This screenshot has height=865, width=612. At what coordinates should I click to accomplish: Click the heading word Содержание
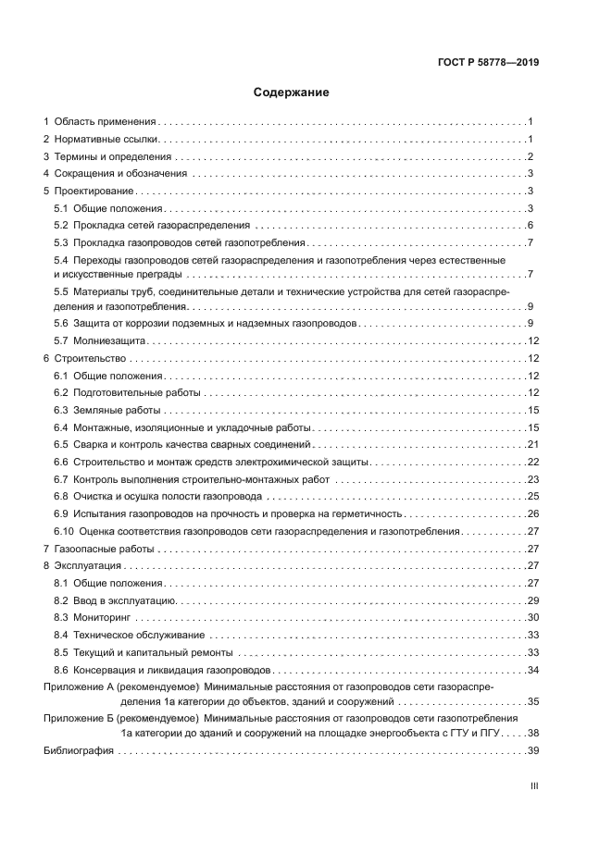pos(292,93)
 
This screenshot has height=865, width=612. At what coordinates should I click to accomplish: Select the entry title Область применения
pos(105,121)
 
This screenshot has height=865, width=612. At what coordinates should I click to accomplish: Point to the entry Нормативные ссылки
pos(106,139)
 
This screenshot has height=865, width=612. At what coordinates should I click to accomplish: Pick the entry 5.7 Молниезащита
pos(107,341)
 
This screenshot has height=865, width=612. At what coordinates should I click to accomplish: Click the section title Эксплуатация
pos(91,566)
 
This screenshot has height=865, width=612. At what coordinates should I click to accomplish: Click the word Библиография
pos(79,751)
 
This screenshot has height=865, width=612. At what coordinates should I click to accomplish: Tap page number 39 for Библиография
pos(533,751)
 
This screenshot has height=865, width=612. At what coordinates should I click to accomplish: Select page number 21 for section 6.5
pos(533,445)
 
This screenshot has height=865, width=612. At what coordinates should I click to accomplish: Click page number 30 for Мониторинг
pos(533,618)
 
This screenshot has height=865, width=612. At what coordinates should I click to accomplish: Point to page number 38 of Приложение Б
pos(533,734)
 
